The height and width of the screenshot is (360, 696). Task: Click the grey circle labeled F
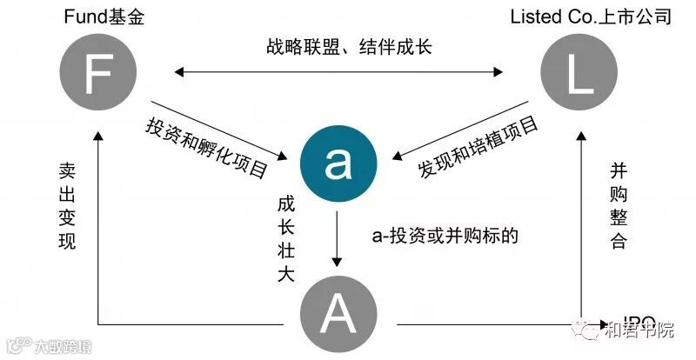98,76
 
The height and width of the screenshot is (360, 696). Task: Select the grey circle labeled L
579,76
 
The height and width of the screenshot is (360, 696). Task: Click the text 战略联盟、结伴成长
349,46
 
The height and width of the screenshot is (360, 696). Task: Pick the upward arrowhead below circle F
98,137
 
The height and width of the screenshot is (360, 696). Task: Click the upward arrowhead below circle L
579,137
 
